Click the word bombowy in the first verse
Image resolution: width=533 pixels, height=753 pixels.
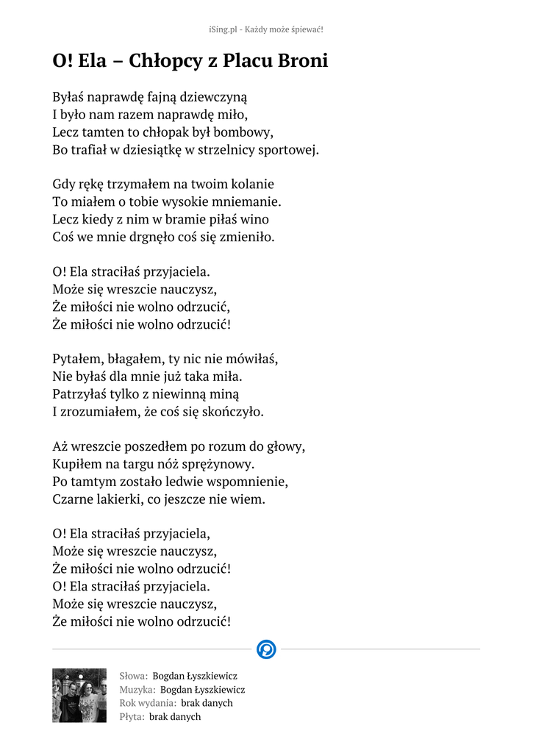click(x=243, y=133)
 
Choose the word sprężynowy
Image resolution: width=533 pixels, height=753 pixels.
click(x=218, y=464)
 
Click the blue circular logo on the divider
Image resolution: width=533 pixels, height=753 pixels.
click(x=266, y=649)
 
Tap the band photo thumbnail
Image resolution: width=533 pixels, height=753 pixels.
click(x=79, y=695)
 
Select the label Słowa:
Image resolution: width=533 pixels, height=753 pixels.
click(x=134, y=676)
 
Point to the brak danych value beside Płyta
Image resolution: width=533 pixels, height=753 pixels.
click(x=175, y=716)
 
